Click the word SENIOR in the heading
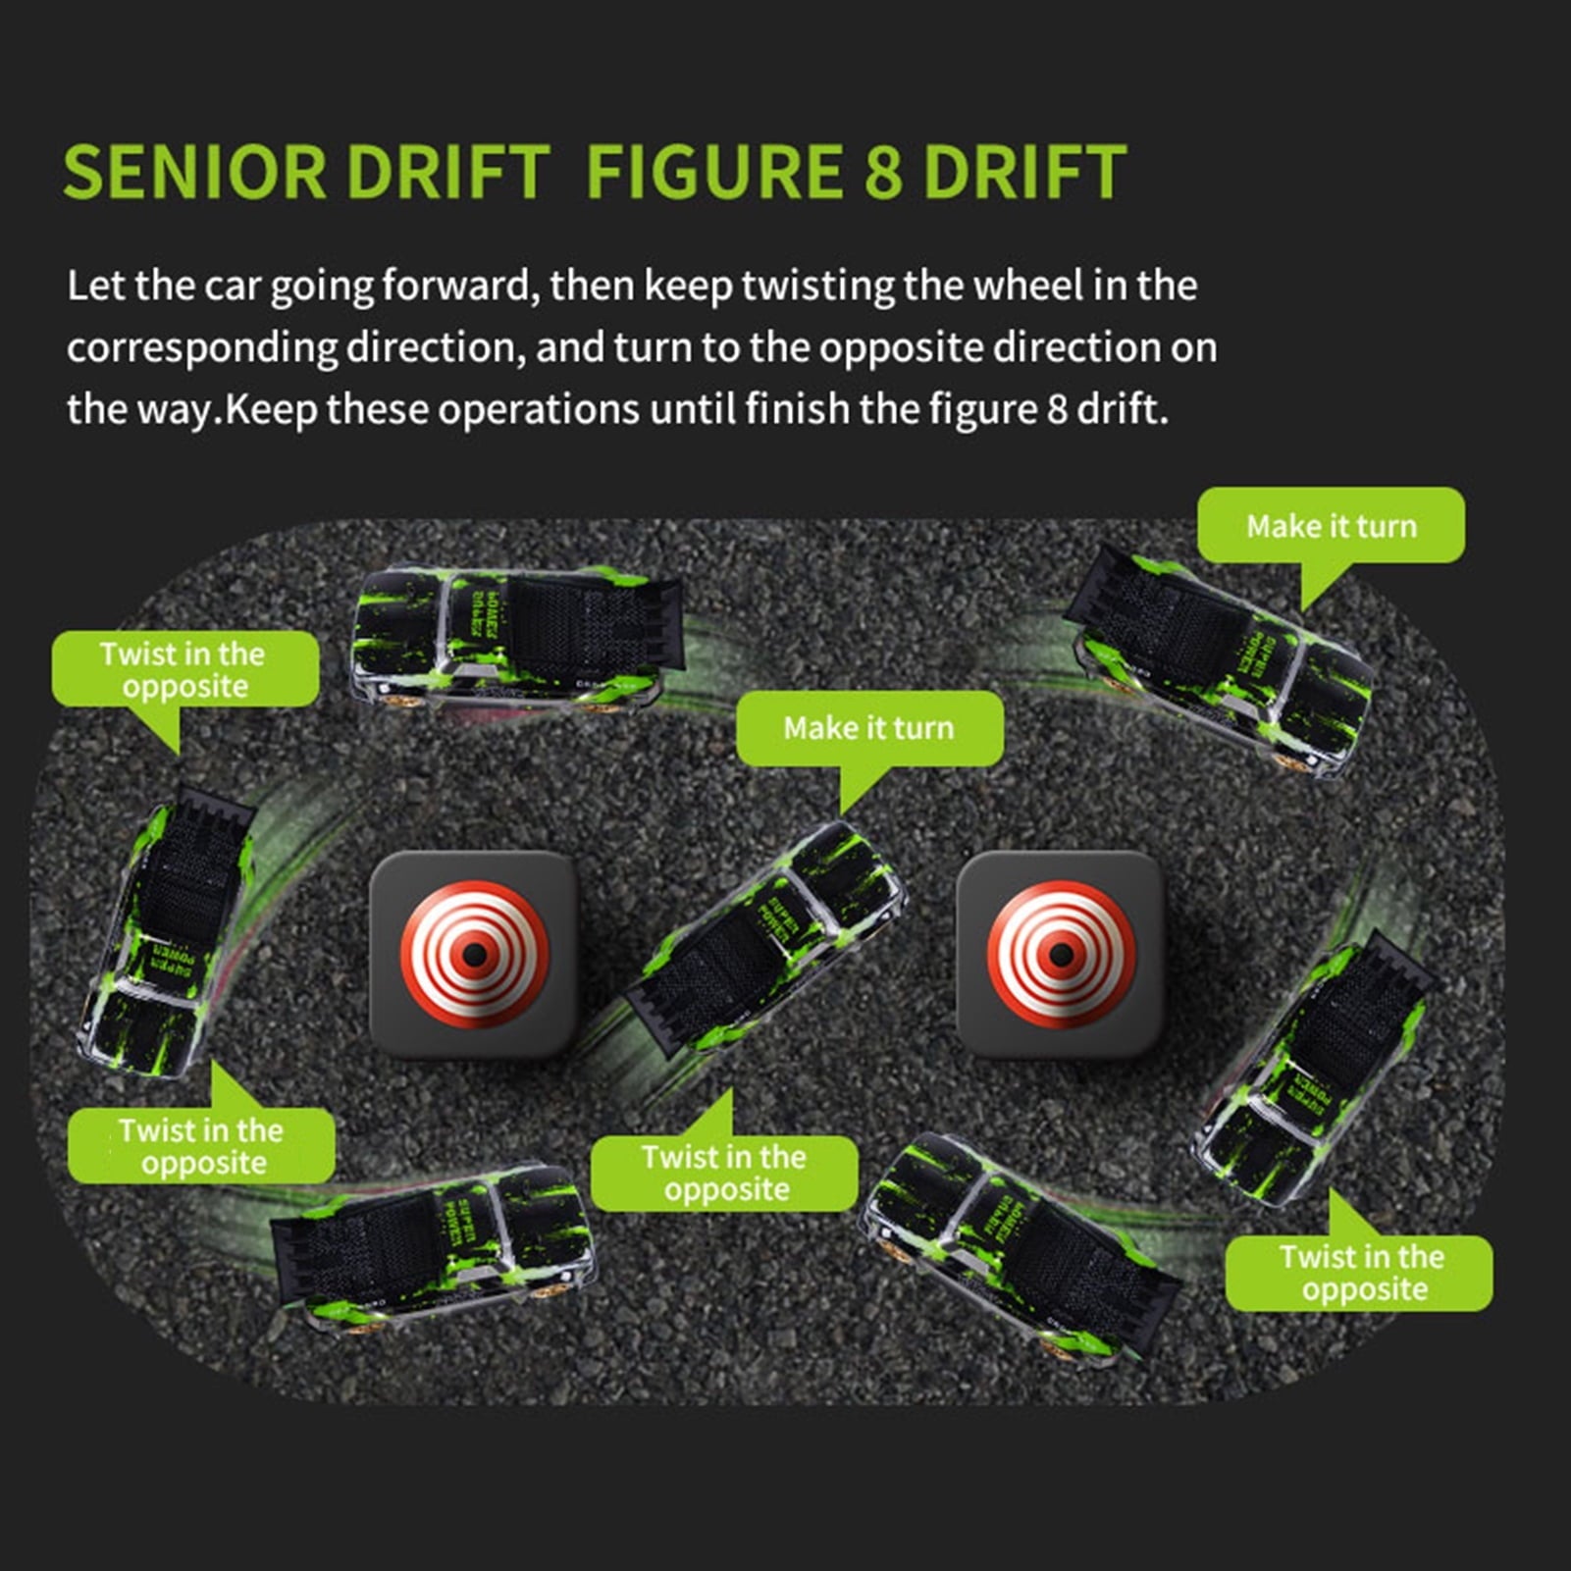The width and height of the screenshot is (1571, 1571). [x=193, y=173]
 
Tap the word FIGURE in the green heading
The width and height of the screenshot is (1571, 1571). [x=713, y=173]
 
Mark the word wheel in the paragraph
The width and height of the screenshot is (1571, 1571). [x=1029, y=287]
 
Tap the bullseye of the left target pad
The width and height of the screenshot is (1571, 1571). [x=475, y=954]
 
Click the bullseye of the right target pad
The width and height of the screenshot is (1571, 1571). [x=1061, y=954]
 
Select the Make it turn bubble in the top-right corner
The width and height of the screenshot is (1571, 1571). [x=1332, y=526]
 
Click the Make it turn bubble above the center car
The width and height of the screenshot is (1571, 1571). [x=869, y=728]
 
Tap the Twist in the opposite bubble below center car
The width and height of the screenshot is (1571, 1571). [x=724, y=1173]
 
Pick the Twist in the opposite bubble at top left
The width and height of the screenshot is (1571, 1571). [x=184, y=669]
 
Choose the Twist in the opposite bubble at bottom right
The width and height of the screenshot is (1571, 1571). [x=1360, y=1273]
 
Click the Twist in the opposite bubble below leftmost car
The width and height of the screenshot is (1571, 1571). [x=201, y=1146]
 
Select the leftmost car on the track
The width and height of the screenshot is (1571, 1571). [x=163, y=932]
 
